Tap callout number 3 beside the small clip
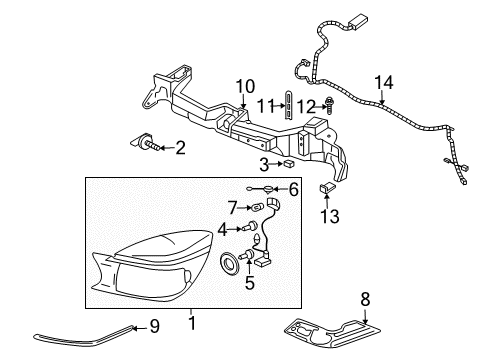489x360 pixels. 264,163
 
